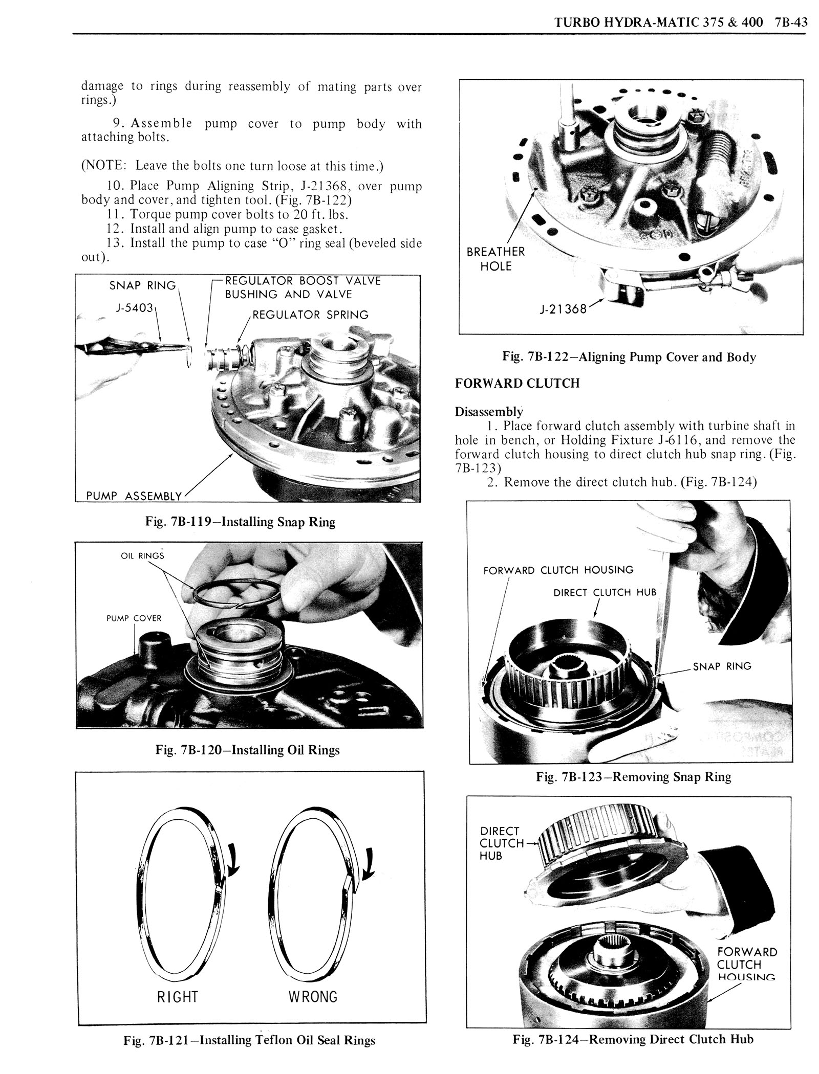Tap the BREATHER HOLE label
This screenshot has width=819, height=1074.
coord(495,259)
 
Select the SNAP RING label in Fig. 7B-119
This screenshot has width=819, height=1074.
coord(142,285)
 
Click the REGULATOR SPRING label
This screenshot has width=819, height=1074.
coord(310,315)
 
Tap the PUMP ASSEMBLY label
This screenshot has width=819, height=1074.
coord(134,496)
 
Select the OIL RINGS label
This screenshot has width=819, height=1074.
coord(142,555)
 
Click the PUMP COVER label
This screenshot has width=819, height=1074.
coord(134,618)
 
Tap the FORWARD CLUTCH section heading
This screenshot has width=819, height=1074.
coord(517,383)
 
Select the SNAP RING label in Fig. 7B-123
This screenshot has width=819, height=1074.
coord(722,666)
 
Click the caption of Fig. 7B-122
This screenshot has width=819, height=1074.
coord(629,357)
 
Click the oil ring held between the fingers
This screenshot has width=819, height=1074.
coord(236,593)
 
